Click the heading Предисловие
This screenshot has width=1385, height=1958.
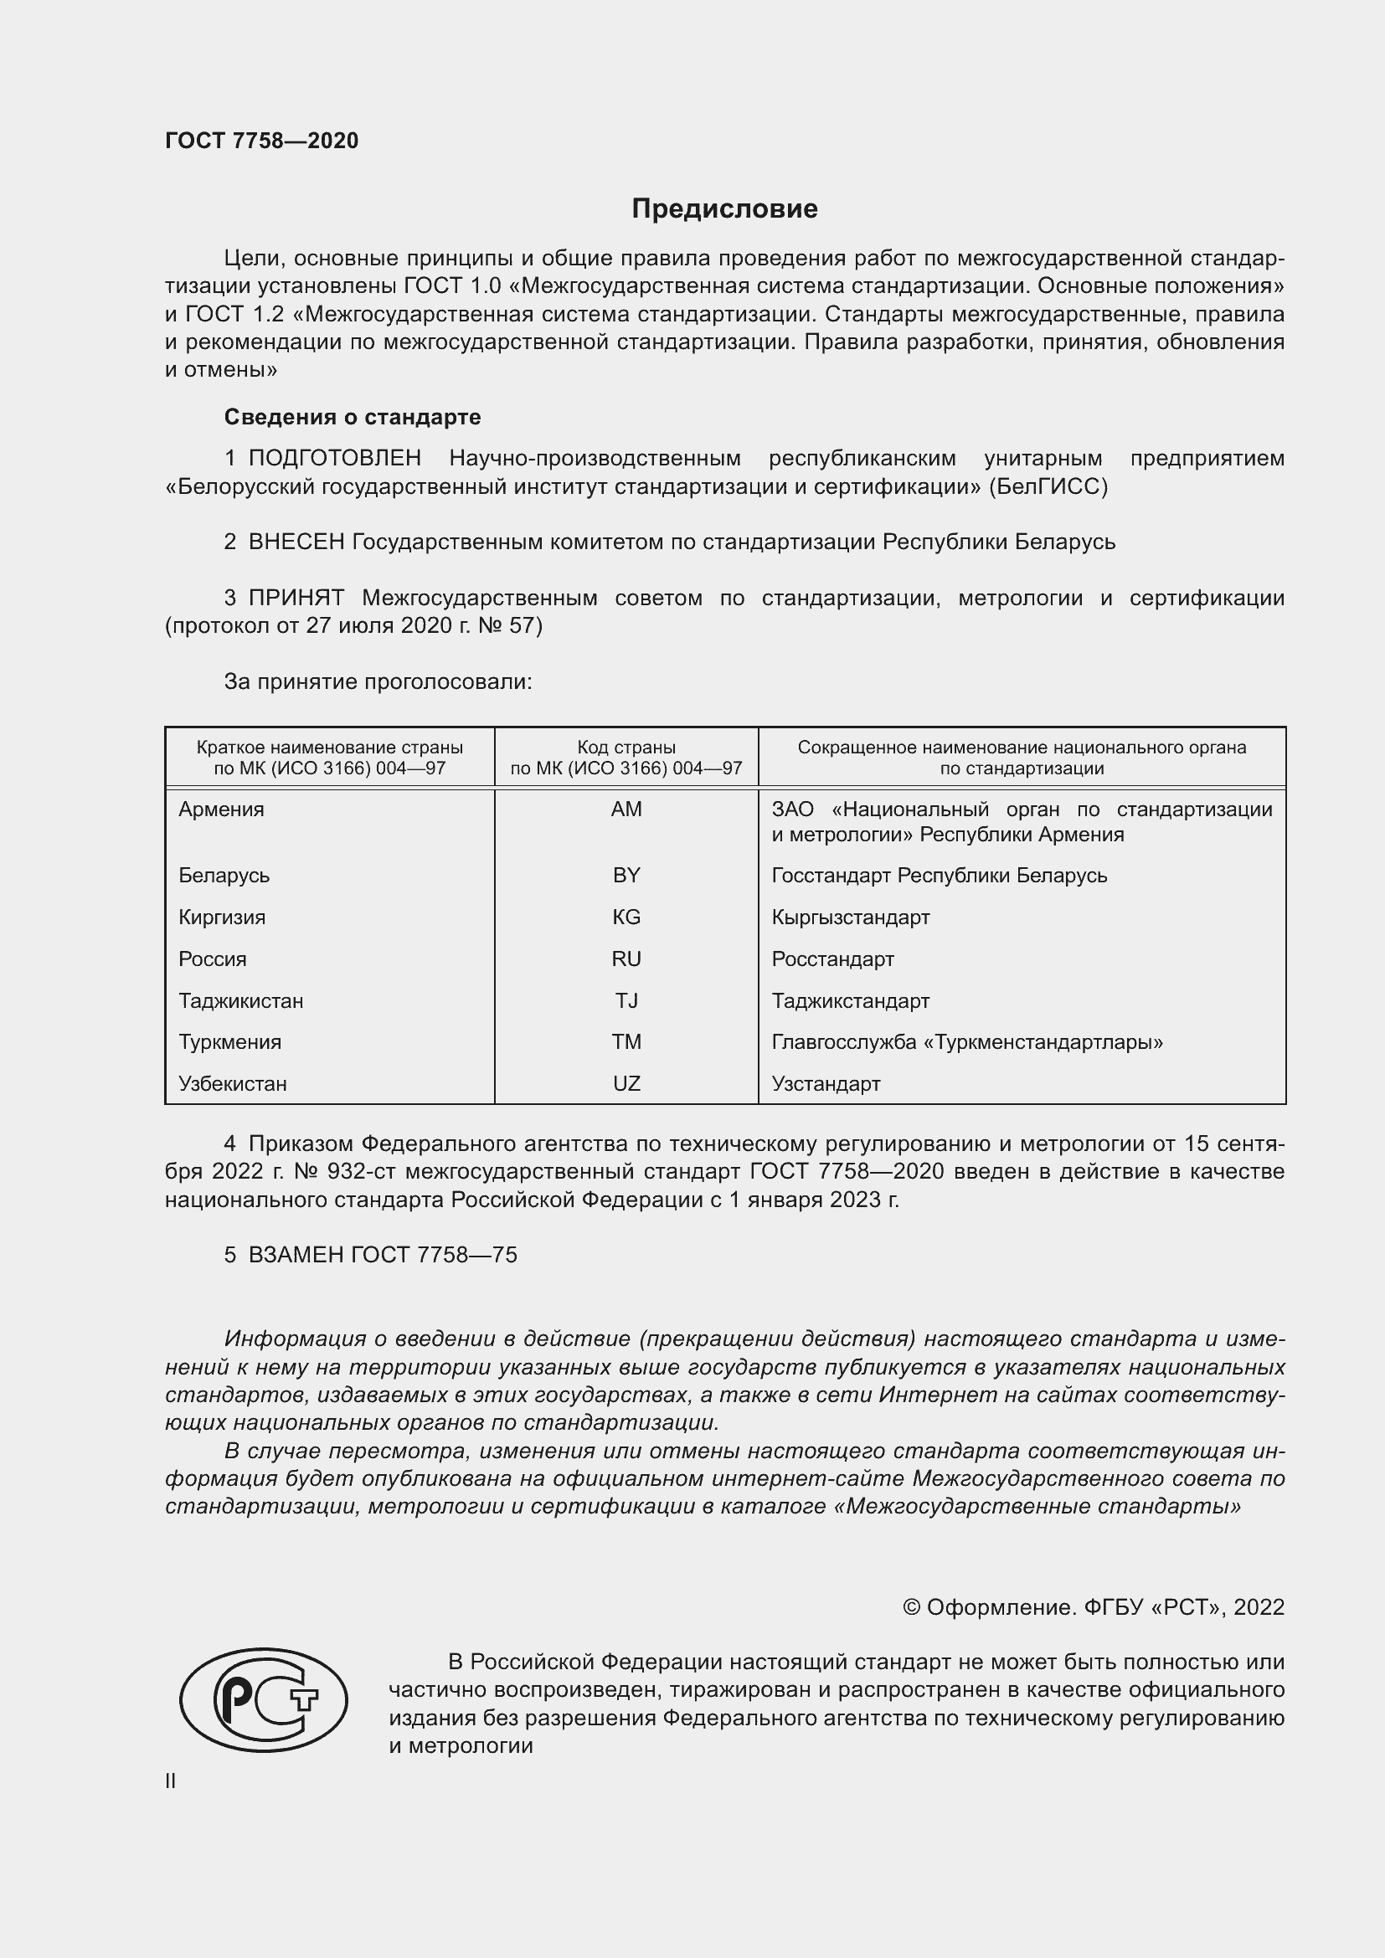click(x=724, y=209)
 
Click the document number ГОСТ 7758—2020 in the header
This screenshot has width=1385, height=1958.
click(x=262, y=141)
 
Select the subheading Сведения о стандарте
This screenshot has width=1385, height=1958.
click(x=353, y=417)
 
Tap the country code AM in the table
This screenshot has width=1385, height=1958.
click(x=626, y=809)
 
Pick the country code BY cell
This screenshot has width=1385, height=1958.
click(x=626, y=876)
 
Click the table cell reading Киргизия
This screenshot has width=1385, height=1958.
click(x=222, y=917)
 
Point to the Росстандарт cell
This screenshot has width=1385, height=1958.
click(x=832, y=959)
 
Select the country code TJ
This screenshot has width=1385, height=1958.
click(x=626, y=1001)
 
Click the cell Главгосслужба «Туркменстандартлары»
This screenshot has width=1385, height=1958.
click(x=967, y=1042)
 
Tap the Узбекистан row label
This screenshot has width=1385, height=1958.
click(x=233, y=1084)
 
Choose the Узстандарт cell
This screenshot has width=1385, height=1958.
click(x=826, y=1084)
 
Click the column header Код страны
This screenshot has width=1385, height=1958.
click(x=626, y=748)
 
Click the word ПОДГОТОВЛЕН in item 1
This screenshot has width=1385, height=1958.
click(x=334, y=459)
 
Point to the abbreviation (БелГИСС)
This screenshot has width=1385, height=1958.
click(x=1048, y=487)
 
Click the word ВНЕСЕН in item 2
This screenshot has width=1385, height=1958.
click(x=296, y=542)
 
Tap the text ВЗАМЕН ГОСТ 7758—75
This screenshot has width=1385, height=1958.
click(x=382, y=1256)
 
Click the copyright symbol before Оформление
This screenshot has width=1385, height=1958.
click(x=911, y=1607)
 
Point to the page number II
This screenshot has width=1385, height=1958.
click(x=171, y=1781)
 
